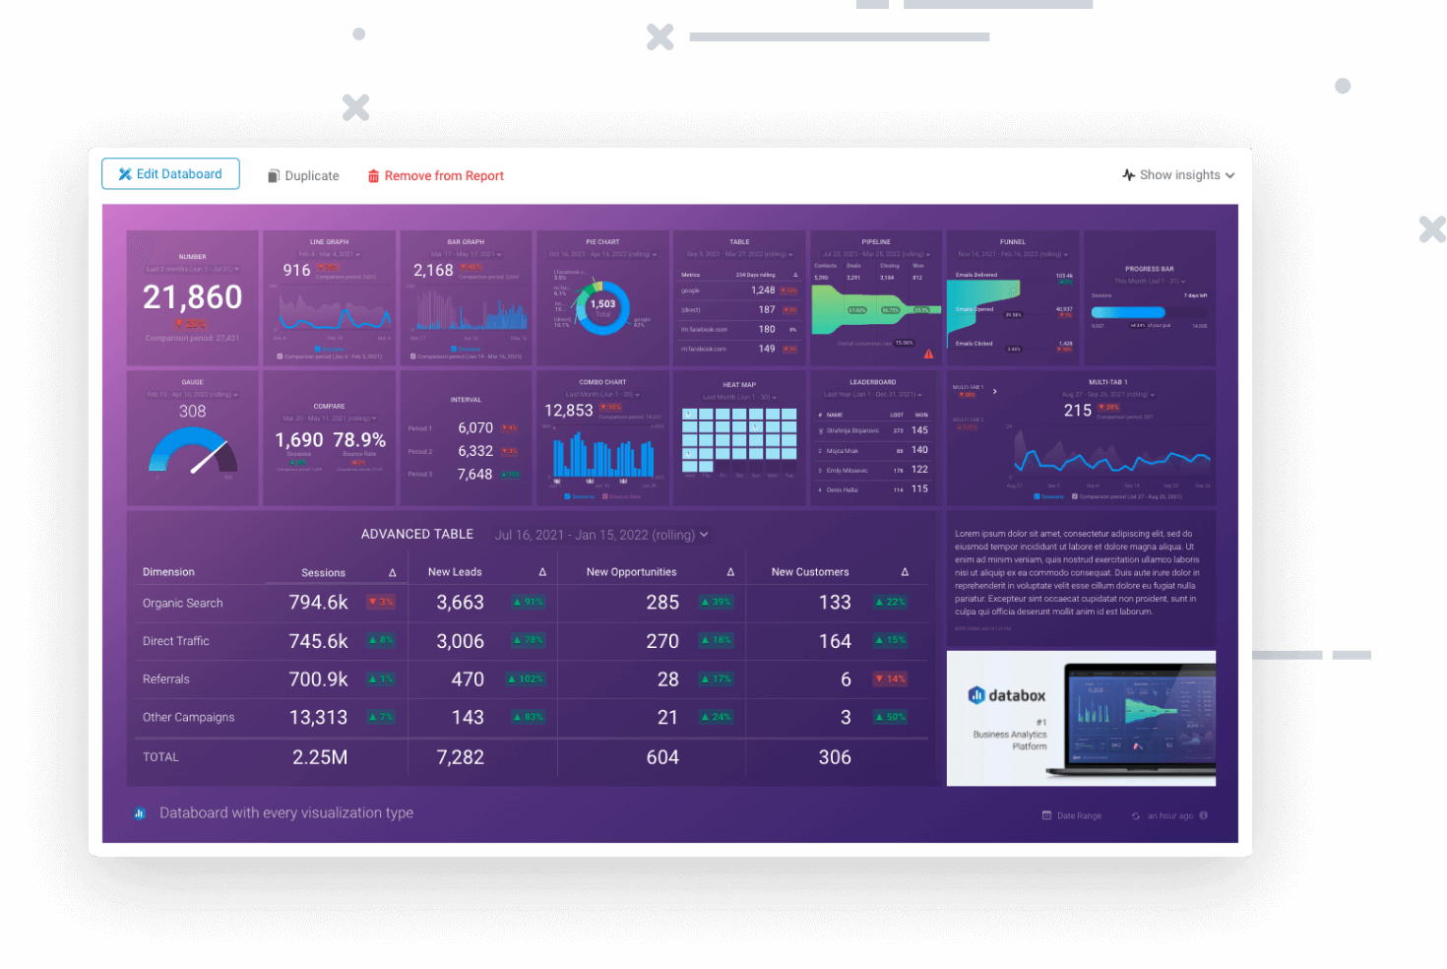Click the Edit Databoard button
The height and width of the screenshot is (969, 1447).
(x=170, y=174)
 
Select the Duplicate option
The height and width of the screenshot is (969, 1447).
(x=303, y=176)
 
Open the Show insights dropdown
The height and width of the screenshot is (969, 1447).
(x=1178, y=175)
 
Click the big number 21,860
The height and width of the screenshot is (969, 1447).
(x=192, y=297)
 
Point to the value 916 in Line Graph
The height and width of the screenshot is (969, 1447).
(x=296, y=271)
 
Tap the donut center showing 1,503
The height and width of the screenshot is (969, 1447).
(x=602, y=306)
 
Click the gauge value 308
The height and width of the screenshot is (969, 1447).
(x=192, y=412)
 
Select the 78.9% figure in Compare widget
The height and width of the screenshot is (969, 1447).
(x=359, y=440)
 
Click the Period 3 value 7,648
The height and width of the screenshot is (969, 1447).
(x=474, y=475)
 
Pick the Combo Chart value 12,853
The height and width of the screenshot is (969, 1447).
(x=568, y=411)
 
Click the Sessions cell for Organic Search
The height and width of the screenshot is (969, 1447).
(x=318, y=603)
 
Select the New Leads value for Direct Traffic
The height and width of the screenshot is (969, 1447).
(x=460, y=641)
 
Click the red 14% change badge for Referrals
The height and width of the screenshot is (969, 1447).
(x=890, y=679)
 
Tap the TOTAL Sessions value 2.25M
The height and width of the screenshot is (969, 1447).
(x=319, y=757)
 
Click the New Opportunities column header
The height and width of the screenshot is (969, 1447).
(x=631, y=572)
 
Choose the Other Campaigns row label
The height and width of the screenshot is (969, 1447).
(x=188, y=718)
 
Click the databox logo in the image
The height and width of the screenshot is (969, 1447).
(x=1007, y=695)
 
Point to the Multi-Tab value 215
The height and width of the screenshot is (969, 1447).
(x=1077, y=411)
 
